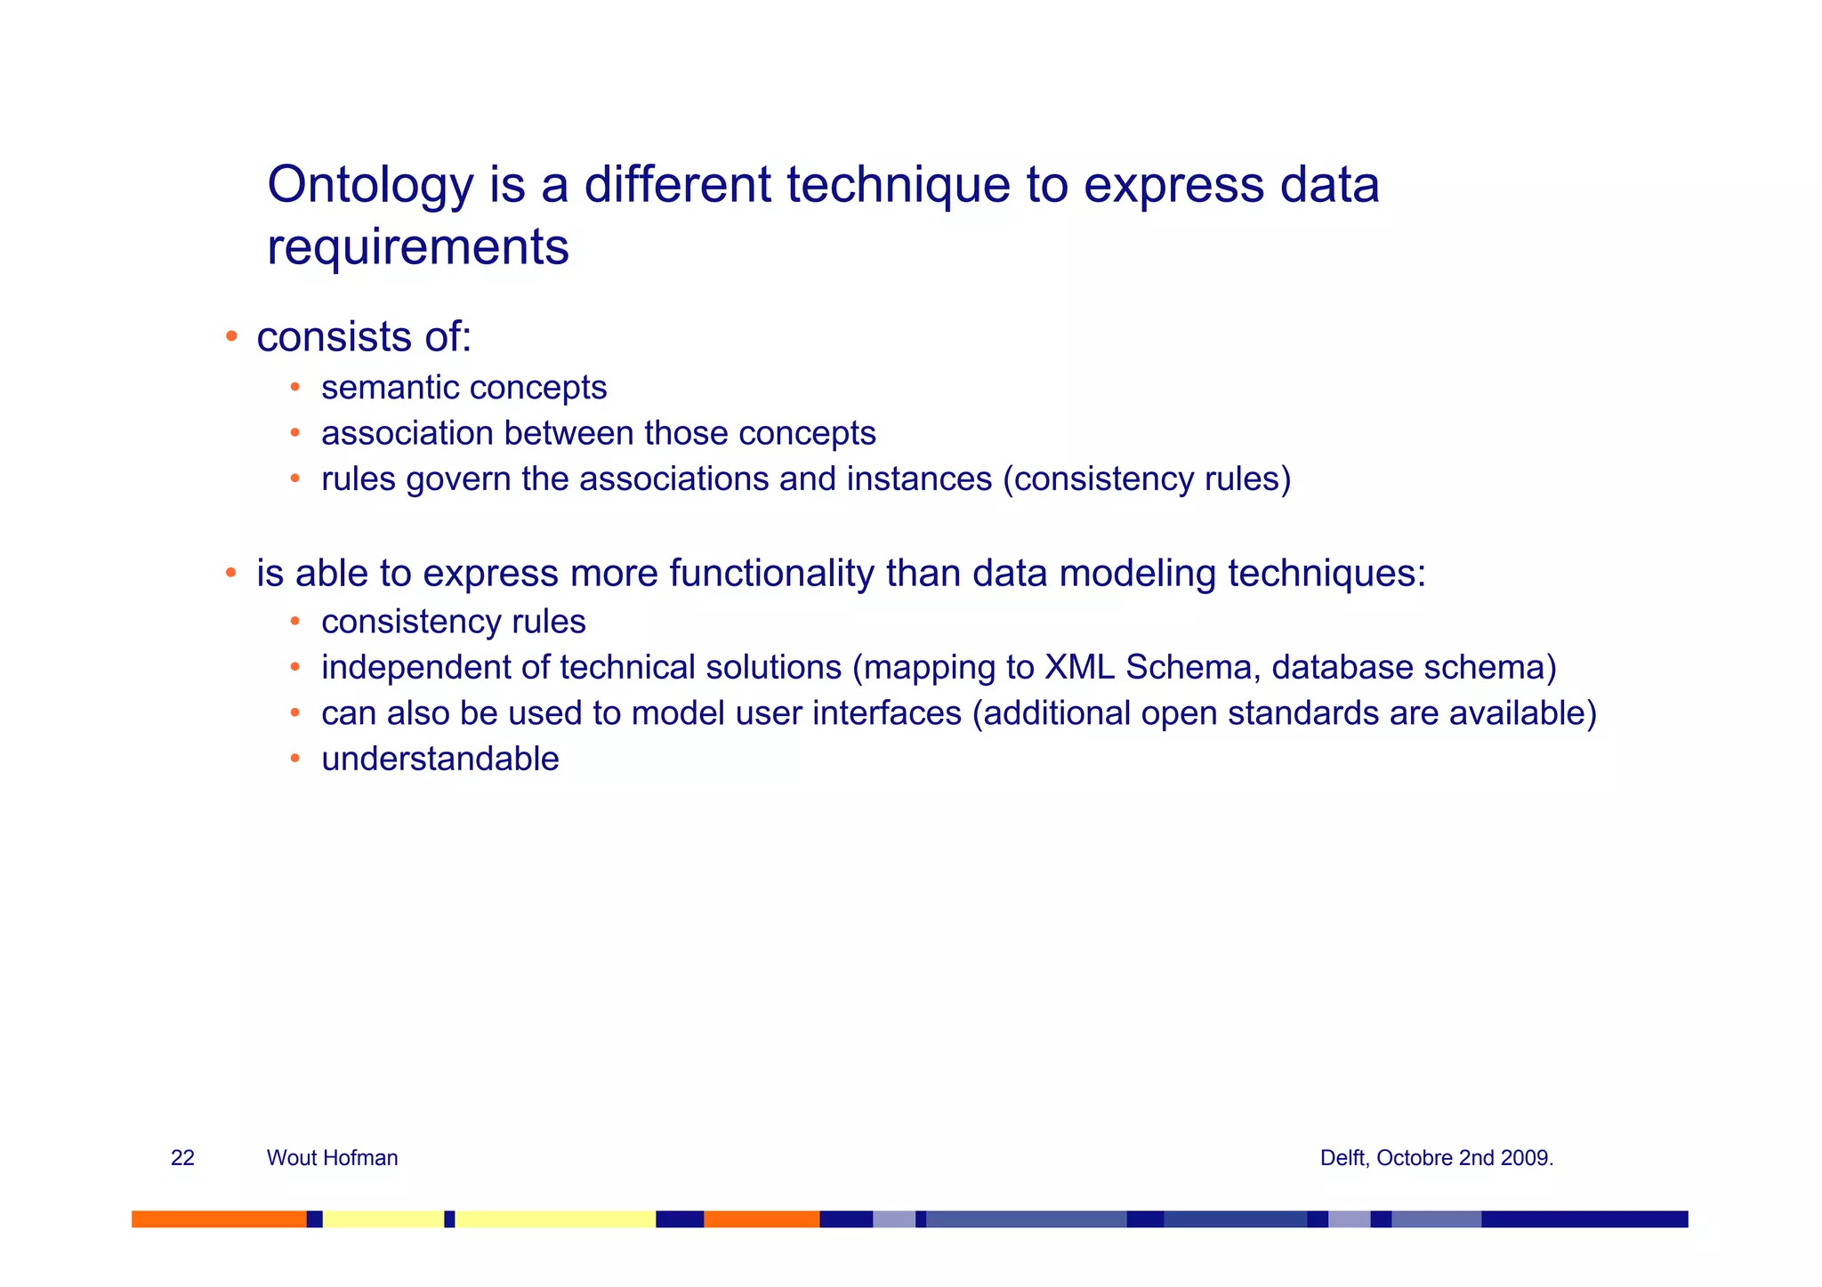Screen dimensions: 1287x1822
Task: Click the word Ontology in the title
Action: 370,187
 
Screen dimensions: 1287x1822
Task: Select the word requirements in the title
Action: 417,247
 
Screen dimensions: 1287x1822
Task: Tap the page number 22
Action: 182,1158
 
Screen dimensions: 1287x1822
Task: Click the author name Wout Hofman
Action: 332,1158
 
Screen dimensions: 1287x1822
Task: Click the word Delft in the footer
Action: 1343,1158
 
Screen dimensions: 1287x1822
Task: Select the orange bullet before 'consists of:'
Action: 230,336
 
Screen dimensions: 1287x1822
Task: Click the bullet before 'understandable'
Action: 295,759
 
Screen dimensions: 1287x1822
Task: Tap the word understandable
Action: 439,760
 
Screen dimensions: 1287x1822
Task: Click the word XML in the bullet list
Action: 1079,667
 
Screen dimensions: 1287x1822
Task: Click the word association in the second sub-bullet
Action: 407,434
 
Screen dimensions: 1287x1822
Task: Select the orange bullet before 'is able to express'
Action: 230,573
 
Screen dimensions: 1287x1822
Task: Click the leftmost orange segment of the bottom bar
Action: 219,1219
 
